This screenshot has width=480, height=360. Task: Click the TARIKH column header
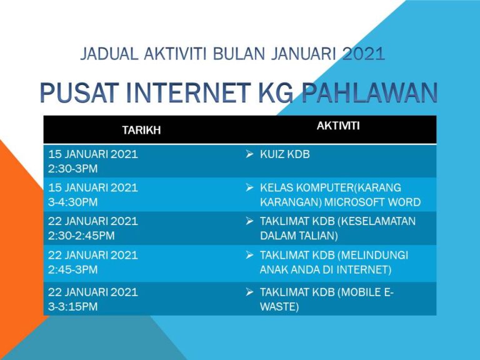tap(141, 130)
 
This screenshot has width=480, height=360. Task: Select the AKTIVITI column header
tap(337, 126)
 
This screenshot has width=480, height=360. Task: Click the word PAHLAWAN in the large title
tap(369, 92)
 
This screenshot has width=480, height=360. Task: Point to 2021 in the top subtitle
tap(364, 54)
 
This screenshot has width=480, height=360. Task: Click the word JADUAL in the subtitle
tap(107, 54)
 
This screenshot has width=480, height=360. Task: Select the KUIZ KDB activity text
tap(284, 154)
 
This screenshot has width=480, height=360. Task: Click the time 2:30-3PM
tap(72, 169)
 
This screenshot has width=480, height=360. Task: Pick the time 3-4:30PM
tap(72, 202)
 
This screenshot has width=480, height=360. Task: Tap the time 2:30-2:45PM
tap(81, 236)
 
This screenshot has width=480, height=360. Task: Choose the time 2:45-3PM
tap(72, 270)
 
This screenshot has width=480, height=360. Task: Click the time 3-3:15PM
tap(72, 307)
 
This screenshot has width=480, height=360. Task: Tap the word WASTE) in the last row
tap(279, 307)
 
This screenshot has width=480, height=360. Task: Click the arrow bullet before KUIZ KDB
tap(249, 154)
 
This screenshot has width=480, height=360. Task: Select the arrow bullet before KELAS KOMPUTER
tap(249, 187)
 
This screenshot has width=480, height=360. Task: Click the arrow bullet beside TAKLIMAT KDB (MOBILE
tap(249, 292)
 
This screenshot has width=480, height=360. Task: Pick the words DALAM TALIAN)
tap(299, 236)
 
